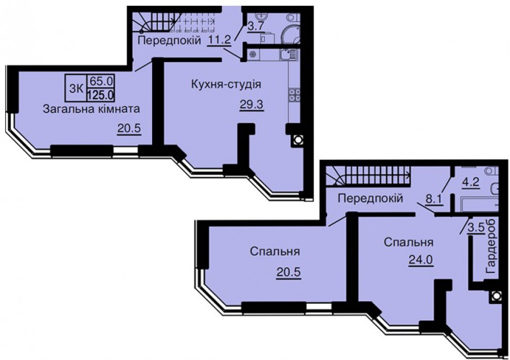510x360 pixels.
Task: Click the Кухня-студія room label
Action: point(226,84)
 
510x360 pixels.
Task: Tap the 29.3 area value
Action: point(251,104)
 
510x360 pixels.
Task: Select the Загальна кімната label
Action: point(91,109)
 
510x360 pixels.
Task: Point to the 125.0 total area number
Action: point(101,96)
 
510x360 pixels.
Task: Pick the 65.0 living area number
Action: point(101,81)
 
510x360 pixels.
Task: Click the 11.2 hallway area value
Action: point(220,40)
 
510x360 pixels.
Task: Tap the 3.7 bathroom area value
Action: point(256,27)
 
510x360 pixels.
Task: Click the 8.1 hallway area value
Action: point(434,198)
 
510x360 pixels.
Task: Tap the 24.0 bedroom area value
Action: point(420,260)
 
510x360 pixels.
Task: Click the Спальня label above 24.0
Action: point(408,243)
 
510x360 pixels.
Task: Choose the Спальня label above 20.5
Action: point(275,252)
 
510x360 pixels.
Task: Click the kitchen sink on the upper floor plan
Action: point(287,55)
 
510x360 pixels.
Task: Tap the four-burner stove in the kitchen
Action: point(295,94)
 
